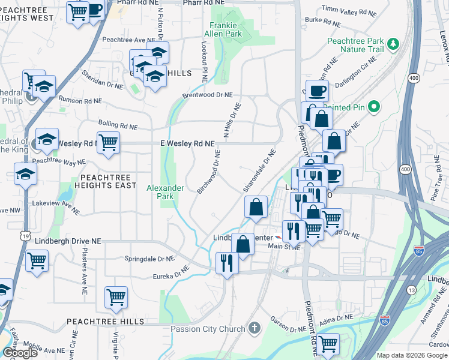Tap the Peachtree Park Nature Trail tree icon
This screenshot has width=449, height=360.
pyautogui.click(x=393, y=43)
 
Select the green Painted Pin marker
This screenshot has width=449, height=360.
pyautogui.click(x=373, y=107)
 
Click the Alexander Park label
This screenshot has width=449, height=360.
pyautogui.click(x=165, y=192)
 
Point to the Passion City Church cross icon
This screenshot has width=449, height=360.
pyautogui.click(x=255, y=328)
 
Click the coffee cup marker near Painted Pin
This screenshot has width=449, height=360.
pyautogui.click(x=317, y=91)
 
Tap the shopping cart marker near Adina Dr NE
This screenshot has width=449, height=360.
pyautogui.click(x=328, y=344)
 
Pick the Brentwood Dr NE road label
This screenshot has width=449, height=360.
pyautogui.click(x=207, y=95)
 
